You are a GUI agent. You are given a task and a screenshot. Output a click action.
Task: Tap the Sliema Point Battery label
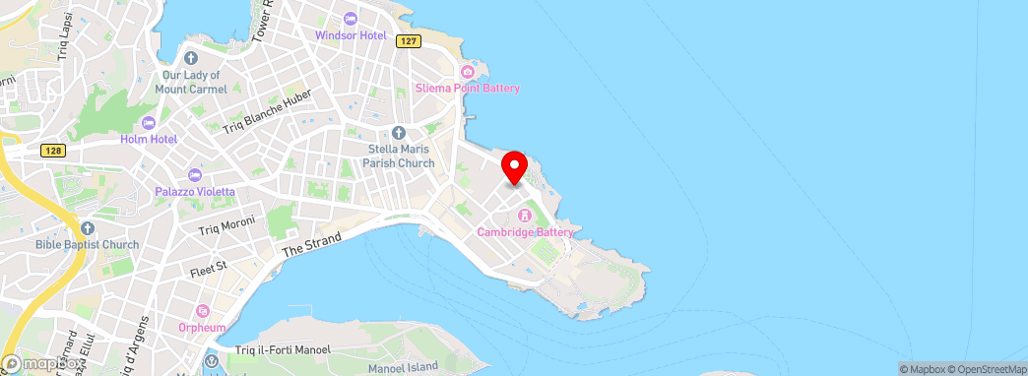tap(468, 89)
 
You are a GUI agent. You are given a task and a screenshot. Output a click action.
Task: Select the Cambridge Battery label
tap(525, 232)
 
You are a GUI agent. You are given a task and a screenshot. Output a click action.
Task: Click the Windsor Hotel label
tap(350, 35)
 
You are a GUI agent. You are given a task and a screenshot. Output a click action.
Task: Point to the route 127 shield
tap(410, 41)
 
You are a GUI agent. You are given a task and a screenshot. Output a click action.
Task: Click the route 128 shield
tap(53, 151)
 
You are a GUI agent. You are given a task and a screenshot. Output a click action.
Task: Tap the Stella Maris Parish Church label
tap(399, 157)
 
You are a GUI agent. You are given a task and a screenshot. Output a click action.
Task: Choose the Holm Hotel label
tap(149, 139)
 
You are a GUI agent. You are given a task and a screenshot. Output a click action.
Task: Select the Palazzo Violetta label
tap(195, 191)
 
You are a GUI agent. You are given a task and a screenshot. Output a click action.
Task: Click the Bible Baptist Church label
tap(87, 244)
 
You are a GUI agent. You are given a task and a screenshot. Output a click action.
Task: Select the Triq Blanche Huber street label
tap(267, 111)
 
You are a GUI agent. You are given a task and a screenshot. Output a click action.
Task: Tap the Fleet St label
tap(208, 266)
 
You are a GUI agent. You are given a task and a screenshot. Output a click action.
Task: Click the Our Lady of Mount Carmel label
tap(195, 82)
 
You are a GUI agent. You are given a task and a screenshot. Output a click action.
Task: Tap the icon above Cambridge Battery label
tap(525, 216)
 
